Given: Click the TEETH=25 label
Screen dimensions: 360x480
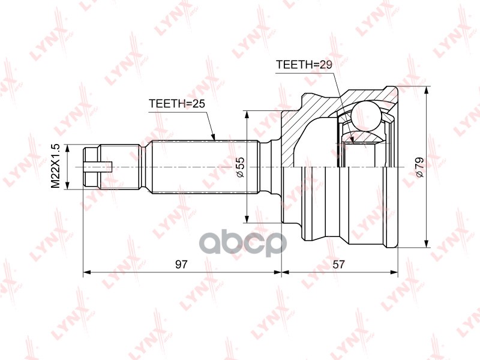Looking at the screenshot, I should click(x=177, y=104).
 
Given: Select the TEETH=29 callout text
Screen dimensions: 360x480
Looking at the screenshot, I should click(x=304, y=64).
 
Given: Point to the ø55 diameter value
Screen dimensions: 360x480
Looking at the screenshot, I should click(x=239, y=167).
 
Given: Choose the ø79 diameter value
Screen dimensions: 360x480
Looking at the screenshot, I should click(x=419, y=167).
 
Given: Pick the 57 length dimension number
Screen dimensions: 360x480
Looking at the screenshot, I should click(x=340, y=264).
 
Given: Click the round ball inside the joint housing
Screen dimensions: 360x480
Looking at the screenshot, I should click(x=365, y=115).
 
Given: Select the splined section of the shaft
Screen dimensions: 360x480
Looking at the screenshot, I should click(x=204, y=167).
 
